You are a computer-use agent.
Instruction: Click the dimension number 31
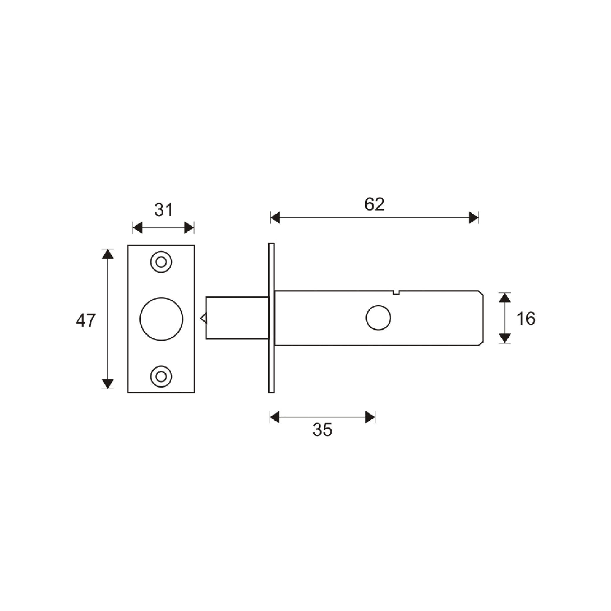click(164, 210)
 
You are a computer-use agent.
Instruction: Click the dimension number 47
click(86, 320)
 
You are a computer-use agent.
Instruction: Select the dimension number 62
click(374, 204)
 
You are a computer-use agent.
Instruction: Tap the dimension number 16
click(526, 318)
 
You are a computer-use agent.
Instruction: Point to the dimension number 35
click(322, 430)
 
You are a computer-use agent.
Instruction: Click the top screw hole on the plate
click(161, 262)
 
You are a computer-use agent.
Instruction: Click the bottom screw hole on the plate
click(161, 377)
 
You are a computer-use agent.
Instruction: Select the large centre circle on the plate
click(161, 319)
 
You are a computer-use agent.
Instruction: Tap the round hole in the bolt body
click(378, 318)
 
